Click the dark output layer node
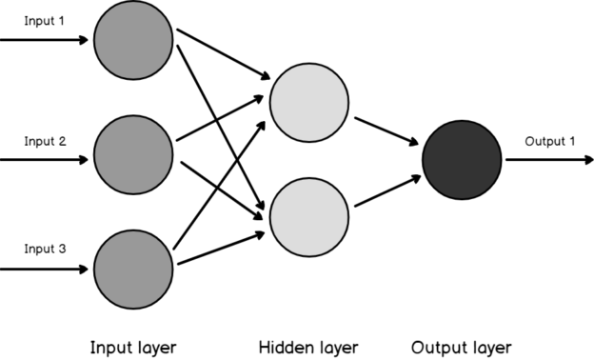coord(462,159)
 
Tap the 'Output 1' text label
coord(549,142)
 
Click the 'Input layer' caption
coord(133,347)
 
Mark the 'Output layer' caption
coord(462,347)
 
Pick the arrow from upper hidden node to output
coord(386,131)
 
